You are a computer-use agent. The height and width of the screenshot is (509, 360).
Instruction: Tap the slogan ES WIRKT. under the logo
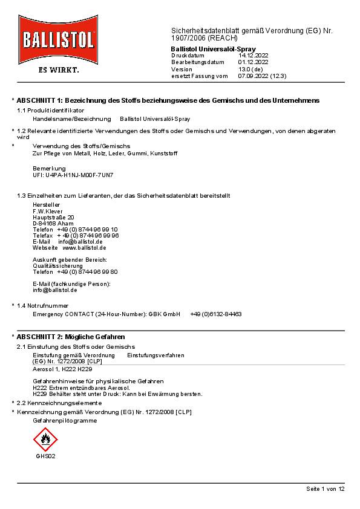59,70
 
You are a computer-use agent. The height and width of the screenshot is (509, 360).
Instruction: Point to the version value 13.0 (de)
250,70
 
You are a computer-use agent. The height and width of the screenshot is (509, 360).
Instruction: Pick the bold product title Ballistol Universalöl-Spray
213,48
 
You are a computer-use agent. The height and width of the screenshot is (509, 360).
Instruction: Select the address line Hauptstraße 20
53,217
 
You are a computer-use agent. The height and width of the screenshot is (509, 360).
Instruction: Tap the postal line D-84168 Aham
53,223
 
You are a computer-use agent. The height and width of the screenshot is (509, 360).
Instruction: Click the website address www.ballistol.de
84,248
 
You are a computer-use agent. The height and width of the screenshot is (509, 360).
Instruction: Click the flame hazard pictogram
45,439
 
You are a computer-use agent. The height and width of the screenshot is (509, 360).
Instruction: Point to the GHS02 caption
45,456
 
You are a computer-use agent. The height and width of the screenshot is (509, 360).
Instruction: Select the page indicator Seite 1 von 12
326,488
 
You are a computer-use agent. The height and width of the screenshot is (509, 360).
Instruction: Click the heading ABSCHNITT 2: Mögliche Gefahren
71,336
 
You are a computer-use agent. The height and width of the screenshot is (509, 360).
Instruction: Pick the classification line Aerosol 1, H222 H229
62,368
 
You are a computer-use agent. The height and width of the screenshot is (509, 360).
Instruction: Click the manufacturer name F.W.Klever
48,211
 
